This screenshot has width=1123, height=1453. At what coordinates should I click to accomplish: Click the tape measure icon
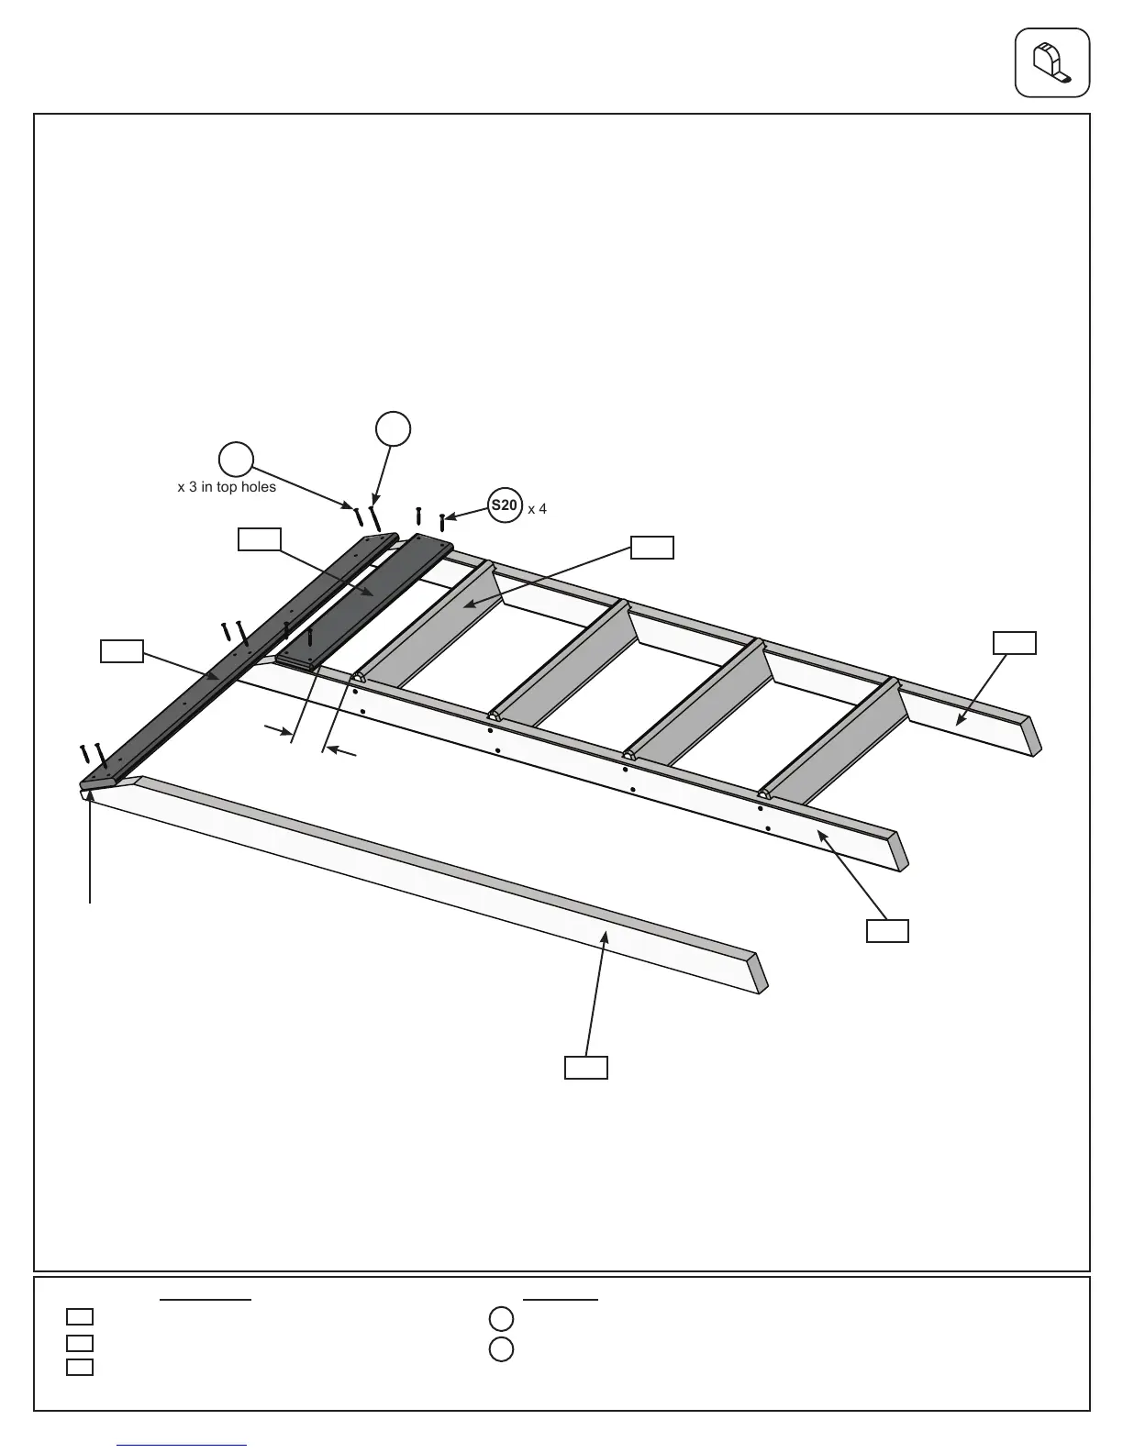(1051, 62)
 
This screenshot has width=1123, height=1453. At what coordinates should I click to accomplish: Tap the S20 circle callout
(504, 505)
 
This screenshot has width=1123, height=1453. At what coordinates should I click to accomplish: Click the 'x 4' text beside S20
(538, 508)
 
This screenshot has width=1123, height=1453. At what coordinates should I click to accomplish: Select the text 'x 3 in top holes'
(227, 487)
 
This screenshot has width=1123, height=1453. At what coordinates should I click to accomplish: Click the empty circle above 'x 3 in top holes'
(236, 460)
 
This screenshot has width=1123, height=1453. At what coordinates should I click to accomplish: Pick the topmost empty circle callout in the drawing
(393, 428)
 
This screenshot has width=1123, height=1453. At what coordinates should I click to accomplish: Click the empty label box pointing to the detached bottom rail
(585, 1067)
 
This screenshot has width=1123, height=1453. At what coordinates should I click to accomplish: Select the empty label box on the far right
(1015, 643)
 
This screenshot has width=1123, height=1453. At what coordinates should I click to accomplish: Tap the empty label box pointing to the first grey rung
(651, 548)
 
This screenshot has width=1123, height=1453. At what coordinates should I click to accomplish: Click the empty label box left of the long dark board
(121, 651)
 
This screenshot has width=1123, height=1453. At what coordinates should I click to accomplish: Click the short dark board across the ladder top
(367, 601)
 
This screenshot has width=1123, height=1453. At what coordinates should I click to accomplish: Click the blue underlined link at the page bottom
(182, 1445)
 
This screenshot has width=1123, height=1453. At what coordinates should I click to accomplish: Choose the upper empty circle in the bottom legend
(501, 1319)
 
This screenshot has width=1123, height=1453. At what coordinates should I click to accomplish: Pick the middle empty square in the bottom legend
(80, 1343)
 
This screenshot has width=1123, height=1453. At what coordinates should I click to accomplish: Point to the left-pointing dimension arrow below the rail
(342, 752)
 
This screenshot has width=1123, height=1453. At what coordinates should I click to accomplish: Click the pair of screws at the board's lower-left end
(93, 757)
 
